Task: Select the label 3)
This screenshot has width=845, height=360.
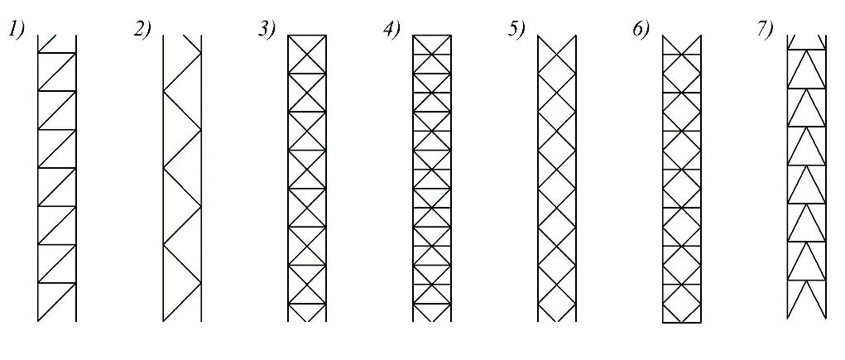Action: tap(266, 30)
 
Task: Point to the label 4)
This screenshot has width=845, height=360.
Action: tap(391, 30)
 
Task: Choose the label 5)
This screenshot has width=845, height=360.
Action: tap(516, 30)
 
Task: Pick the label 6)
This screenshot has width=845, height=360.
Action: tap(641, 30)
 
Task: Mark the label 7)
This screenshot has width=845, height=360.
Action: tap(765, 30)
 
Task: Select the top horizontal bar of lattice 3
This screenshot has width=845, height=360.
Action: tap(307, 36)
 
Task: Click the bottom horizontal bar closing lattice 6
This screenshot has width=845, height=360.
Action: tap(683, 323)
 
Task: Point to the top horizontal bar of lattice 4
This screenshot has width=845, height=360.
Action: tap(432, 36)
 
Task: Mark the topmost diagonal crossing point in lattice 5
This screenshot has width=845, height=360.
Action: tap(557, 55)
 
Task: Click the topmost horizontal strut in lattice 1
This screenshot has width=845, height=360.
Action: tap(57, 53)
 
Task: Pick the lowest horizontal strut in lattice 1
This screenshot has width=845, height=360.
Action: tap(57, 283)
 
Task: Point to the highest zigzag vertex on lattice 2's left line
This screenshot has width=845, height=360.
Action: tap(165, 92)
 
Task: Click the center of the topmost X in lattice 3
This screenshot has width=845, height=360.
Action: tap(307, 55)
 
